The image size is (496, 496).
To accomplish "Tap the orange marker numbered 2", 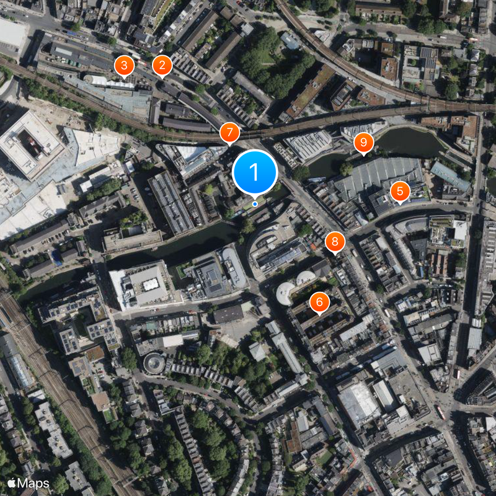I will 162,64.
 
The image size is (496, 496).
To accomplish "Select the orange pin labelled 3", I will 124,64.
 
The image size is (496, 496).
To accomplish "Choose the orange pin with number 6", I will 319,302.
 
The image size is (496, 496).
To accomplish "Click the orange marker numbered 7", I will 229,132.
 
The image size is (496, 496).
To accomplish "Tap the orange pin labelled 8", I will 335,242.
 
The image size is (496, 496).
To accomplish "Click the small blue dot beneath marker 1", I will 255,204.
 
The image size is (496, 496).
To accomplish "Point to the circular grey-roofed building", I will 154,362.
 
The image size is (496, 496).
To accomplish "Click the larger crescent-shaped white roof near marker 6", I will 286,293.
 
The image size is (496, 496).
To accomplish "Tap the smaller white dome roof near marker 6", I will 305,278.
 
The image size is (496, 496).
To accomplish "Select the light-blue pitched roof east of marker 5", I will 449,176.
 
